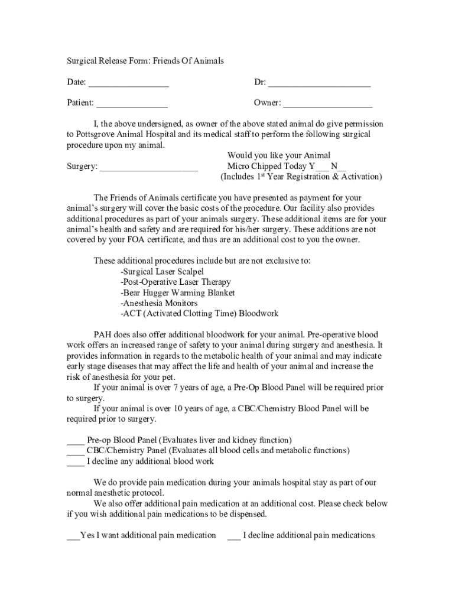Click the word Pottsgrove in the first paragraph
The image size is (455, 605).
coord(94,135)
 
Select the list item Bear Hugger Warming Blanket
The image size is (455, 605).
coord(177,293)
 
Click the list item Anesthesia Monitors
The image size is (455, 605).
coord(159,304)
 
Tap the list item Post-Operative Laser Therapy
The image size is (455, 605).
coord(175,282)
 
